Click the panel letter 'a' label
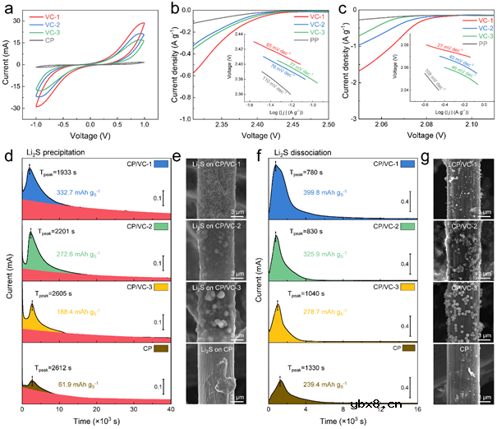7,8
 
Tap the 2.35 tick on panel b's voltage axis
222,126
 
